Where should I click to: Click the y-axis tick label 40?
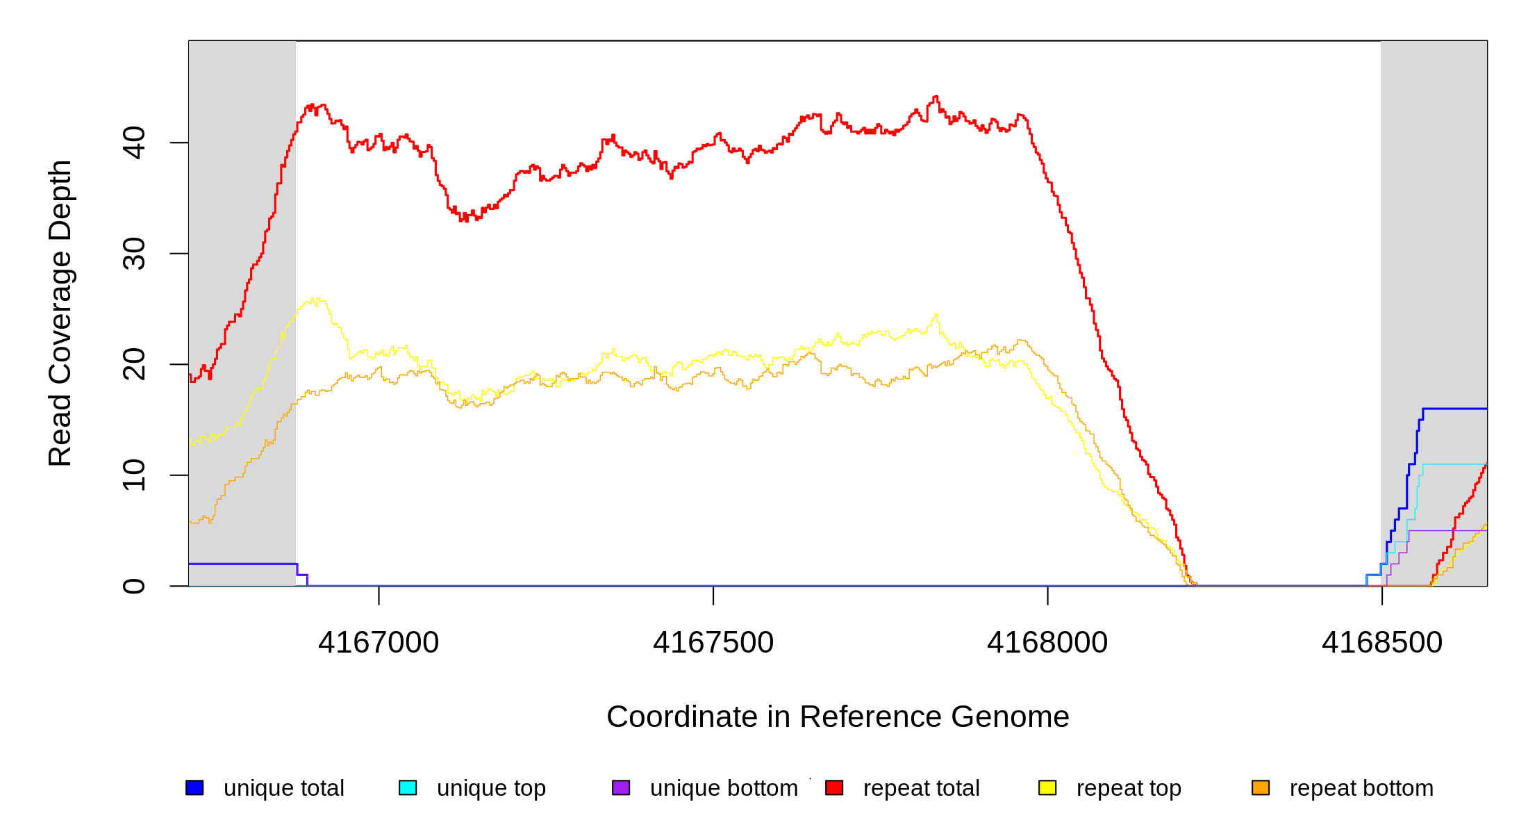pos(134,142)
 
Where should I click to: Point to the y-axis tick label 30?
pos(134,254)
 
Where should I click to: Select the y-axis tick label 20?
pos(134,364)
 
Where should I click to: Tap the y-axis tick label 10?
pos(134,475)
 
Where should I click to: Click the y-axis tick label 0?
pos(134,586)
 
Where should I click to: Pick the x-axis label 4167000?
pos(379,642)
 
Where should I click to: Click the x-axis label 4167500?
pos(713,642)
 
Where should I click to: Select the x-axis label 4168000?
pos(1047,642)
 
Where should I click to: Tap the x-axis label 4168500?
pos(1382,642)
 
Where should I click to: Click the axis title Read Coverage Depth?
pos(60,313)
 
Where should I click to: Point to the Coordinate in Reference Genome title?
pos(838,717)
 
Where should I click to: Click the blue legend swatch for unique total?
pos(194,787)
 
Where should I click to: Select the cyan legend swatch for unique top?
pos(408,787)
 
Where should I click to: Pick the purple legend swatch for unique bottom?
pos(621,787)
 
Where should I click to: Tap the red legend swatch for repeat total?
pos(834,787)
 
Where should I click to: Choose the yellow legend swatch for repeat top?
pos(1047,787)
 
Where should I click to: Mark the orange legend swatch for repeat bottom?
pos(1261,787)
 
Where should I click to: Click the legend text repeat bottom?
pos(1361,788)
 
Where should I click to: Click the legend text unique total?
pos(284,788)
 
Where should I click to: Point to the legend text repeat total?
pos(921,788)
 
